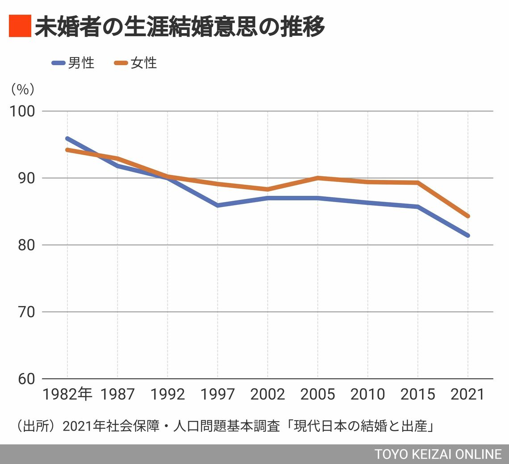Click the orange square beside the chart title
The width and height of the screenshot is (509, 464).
pyautogui.click(x=20, y=26)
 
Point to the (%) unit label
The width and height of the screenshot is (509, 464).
pyautogui.click(x=22, y=89)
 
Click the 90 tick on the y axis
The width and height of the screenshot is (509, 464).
pyautogui.click(x=25, y=178)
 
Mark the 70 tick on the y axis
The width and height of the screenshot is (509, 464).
pyautogui.click(x=25, y=312)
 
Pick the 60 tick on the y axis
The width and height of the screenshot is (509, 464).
pyautogui.click(x=25, y=379)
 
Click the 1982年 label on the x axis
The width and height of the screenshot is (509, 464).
pyautogui.click(x=67, y=394)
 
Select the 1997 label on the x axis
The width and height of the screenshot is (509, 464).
pyautogui.click(x=217, y=394)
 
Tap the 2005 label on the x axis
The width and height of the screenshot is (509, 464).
pyautogui.click(x=317, y=394)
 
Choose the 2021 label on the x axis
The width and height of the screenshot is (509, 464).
pyautogui.click(x=467, y=394)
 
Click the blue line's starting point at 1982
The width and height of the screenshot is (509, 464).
pyautogui.click(x=67, y=139)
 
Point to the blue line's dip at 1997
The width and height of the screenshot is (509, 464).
pyautogui.click(x=217, y=205)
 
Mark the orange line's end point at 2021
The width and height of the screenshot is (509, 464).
pyautogui.click(x=467, y=216)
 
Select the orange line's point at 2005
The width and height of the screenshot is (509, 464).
pyautogui.click(x=317, y=178)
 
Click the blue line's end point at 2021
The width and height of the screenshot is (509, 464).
pyautogui.click(x=467, y=235)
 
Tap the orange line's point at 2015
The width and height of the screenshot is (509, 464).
pyautogui.click(x=417, y=182)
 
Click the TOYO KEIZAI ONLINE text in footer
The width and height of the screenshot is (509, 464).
pyautogui.click(x=438, y=454)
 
